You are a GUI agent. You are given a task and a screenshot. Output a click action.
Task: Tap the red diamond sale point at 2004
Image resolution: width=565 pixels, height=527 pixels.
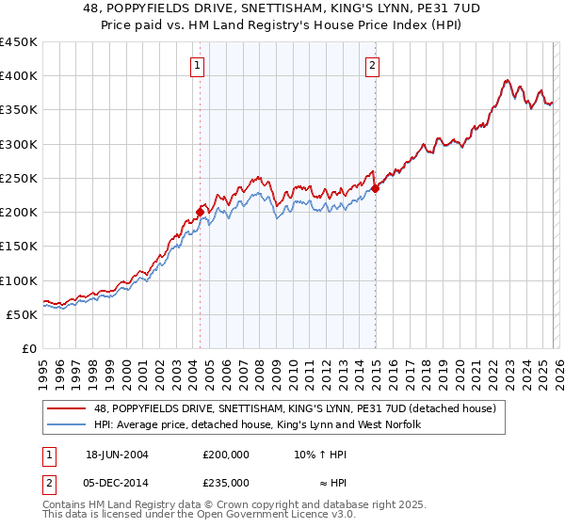[x=200, y=212]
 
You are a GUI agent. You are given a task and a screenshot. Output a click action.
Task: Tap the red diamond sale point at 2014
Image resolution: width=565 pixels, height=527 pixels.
[x=375, y=188]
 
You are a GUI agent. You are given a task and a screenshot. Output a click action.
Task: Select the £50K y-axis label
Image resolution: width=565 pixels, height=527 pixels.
[x=23, y=314]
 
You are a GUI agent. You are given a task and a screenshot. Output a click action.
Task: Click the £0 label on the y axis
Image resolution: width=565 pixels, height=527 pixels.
[x=29, y=348]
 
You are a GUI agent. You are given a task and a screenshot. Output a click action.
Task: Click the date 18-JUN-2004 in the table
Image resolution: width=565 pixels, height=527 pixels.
[x=117, y=454]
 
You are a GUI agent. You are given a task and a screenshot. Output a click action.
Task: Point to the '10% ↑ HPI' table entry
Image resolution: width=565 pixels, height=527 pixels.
[x=321, y=454]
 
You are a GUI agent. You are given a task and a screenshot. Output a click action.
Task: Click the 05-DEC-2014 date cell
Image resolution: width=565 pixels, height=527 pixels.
[x=117, y=482]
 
